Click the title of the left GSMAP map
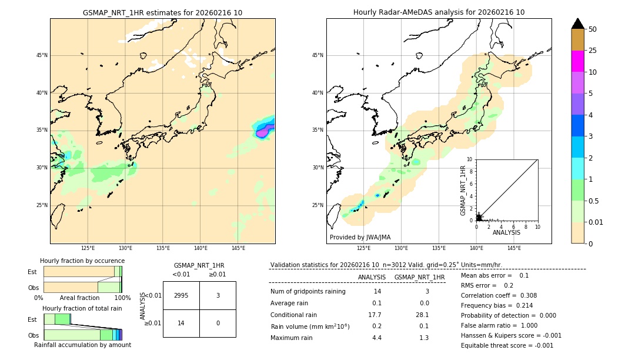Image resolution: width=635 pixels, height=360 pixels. [162, 12]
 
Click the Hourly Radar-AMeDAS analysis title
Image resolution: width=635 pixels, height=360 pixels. [439, 12]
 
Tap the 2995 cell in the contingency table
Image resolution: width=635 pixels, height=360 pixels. [181, 296]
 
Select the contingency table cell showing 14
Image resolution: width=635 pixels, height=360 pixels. [181, 323]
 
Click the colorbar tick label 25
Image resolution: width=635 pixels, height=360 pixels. [593, 51]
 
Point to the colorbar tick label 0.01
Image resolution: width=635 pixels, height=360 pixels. [596, 222]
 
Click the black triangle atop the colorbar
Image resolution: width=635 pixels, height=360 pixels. [578, 24]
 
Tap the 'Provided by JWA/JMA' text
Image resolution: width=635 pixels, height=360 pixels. [360, 238]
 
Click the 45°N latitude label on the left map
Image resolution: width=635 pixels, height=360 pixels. [42, 55]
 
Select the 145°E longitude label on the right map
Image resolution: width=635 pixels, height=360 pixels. [514, 248]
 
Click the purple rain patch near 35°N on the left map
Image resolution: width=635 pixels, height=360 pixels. [264, 132]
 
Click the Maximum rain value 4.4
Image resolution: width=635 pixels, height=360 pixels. [376, 338]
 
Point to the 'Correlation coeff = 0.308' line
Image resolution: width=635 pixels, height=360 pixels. [499, 295]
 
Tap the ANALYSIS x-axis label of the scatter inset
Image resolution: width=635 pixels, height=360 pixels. [506, 232]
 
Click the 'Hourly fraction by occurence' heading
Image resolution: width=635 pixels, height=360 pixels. [82, 261]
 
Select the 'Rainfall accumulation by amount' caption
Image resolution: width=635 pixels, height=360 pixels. [82, 345]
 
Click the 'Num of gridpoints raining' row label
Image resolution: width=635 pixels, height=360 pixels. [308, 292]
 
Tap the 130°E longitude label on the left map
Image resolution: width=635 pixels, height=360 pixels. [125, 248]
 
